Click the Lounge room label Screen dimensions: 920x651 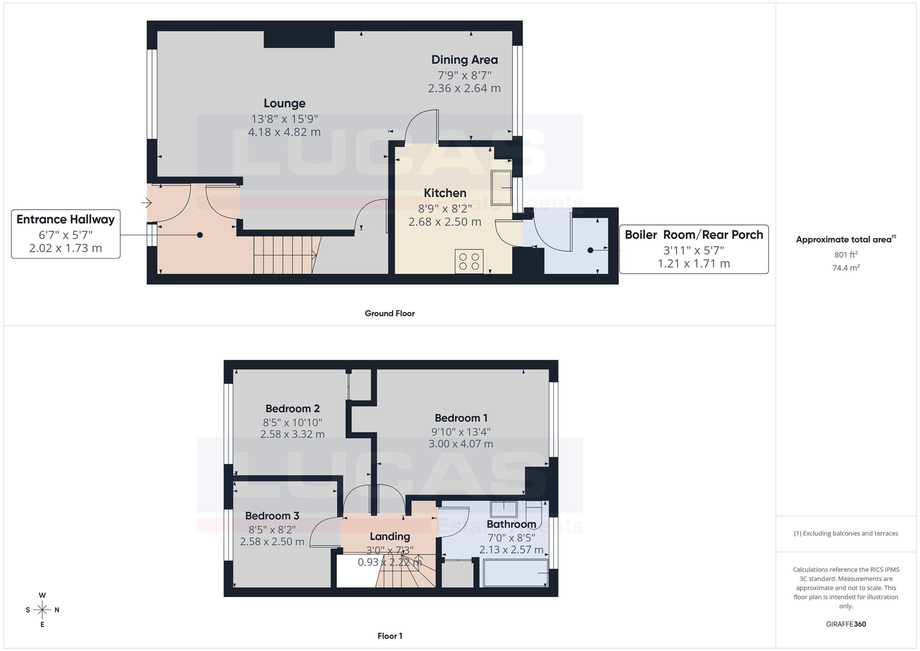click(284, 104)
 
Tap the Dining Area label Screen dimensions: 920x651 click(465, 60)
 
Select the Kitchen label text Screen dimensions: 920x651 click(445, 193)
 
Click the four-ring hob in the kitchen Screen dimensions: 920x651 click(469, 261)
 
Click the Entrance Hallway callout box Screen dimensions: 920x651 click(66, 234)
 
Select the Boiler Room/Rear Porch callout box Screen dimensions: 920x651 click(694, 249)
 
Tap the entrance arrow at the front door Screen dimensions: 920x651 click(146, 202)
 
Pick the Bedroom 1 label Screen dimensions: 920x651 click(461, 418)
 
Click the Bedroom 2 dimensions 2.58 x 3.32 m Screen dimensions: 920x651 click(293, 434)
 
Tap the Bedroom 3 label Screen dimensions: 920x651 click(272, 516)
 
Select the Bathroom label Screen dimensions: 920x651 click(511, 524)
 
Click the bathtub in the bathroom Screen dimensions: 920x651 click(516, 573)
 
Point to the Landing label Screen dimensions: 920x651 click(390, 537)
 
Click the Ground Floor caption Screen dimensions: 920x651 click(390, 313)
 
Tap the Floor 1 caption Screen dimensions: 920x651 click(390, 636)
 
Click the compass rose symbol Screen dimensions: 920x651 click(42, 610)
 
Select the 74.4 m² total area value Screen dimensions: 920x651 click(846, 267)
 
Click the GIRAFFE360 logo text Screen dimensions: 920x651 click(846, 624)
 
